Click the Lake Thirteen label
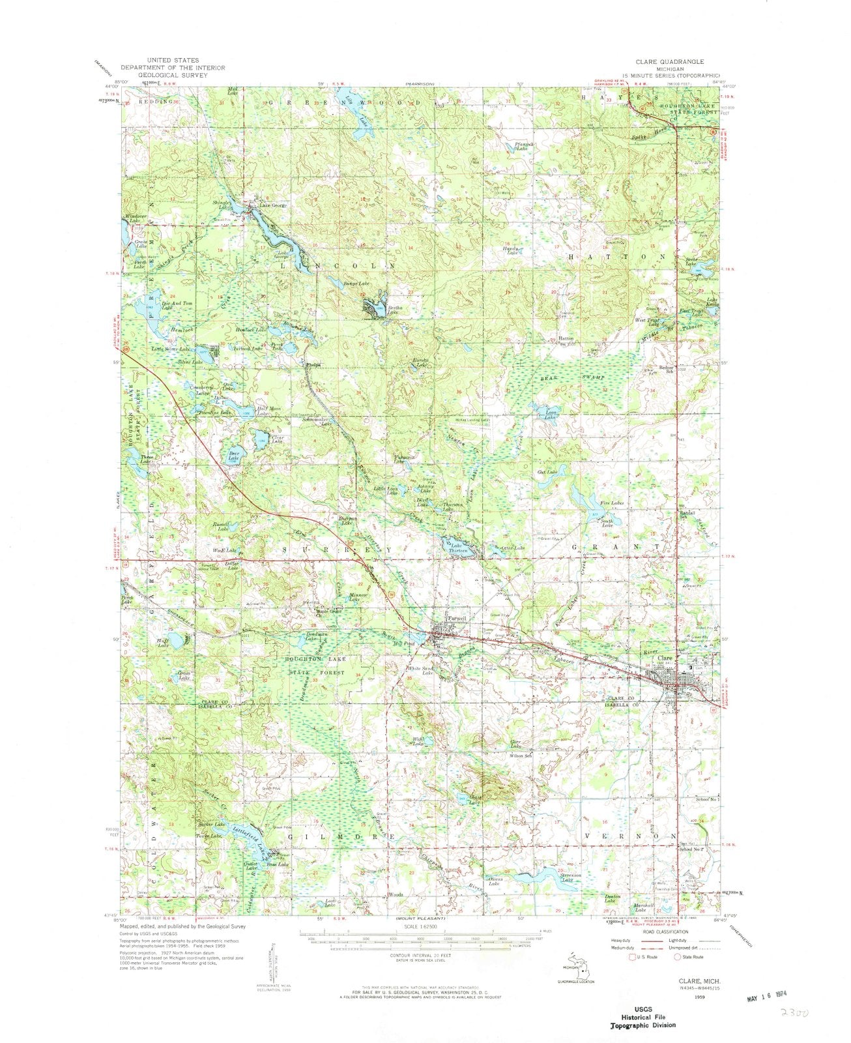[456, 548]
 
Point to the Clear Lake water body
[257, 435]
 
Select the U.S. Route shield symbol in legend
[630, 957]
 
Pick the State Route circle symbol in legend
[678, 957]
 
